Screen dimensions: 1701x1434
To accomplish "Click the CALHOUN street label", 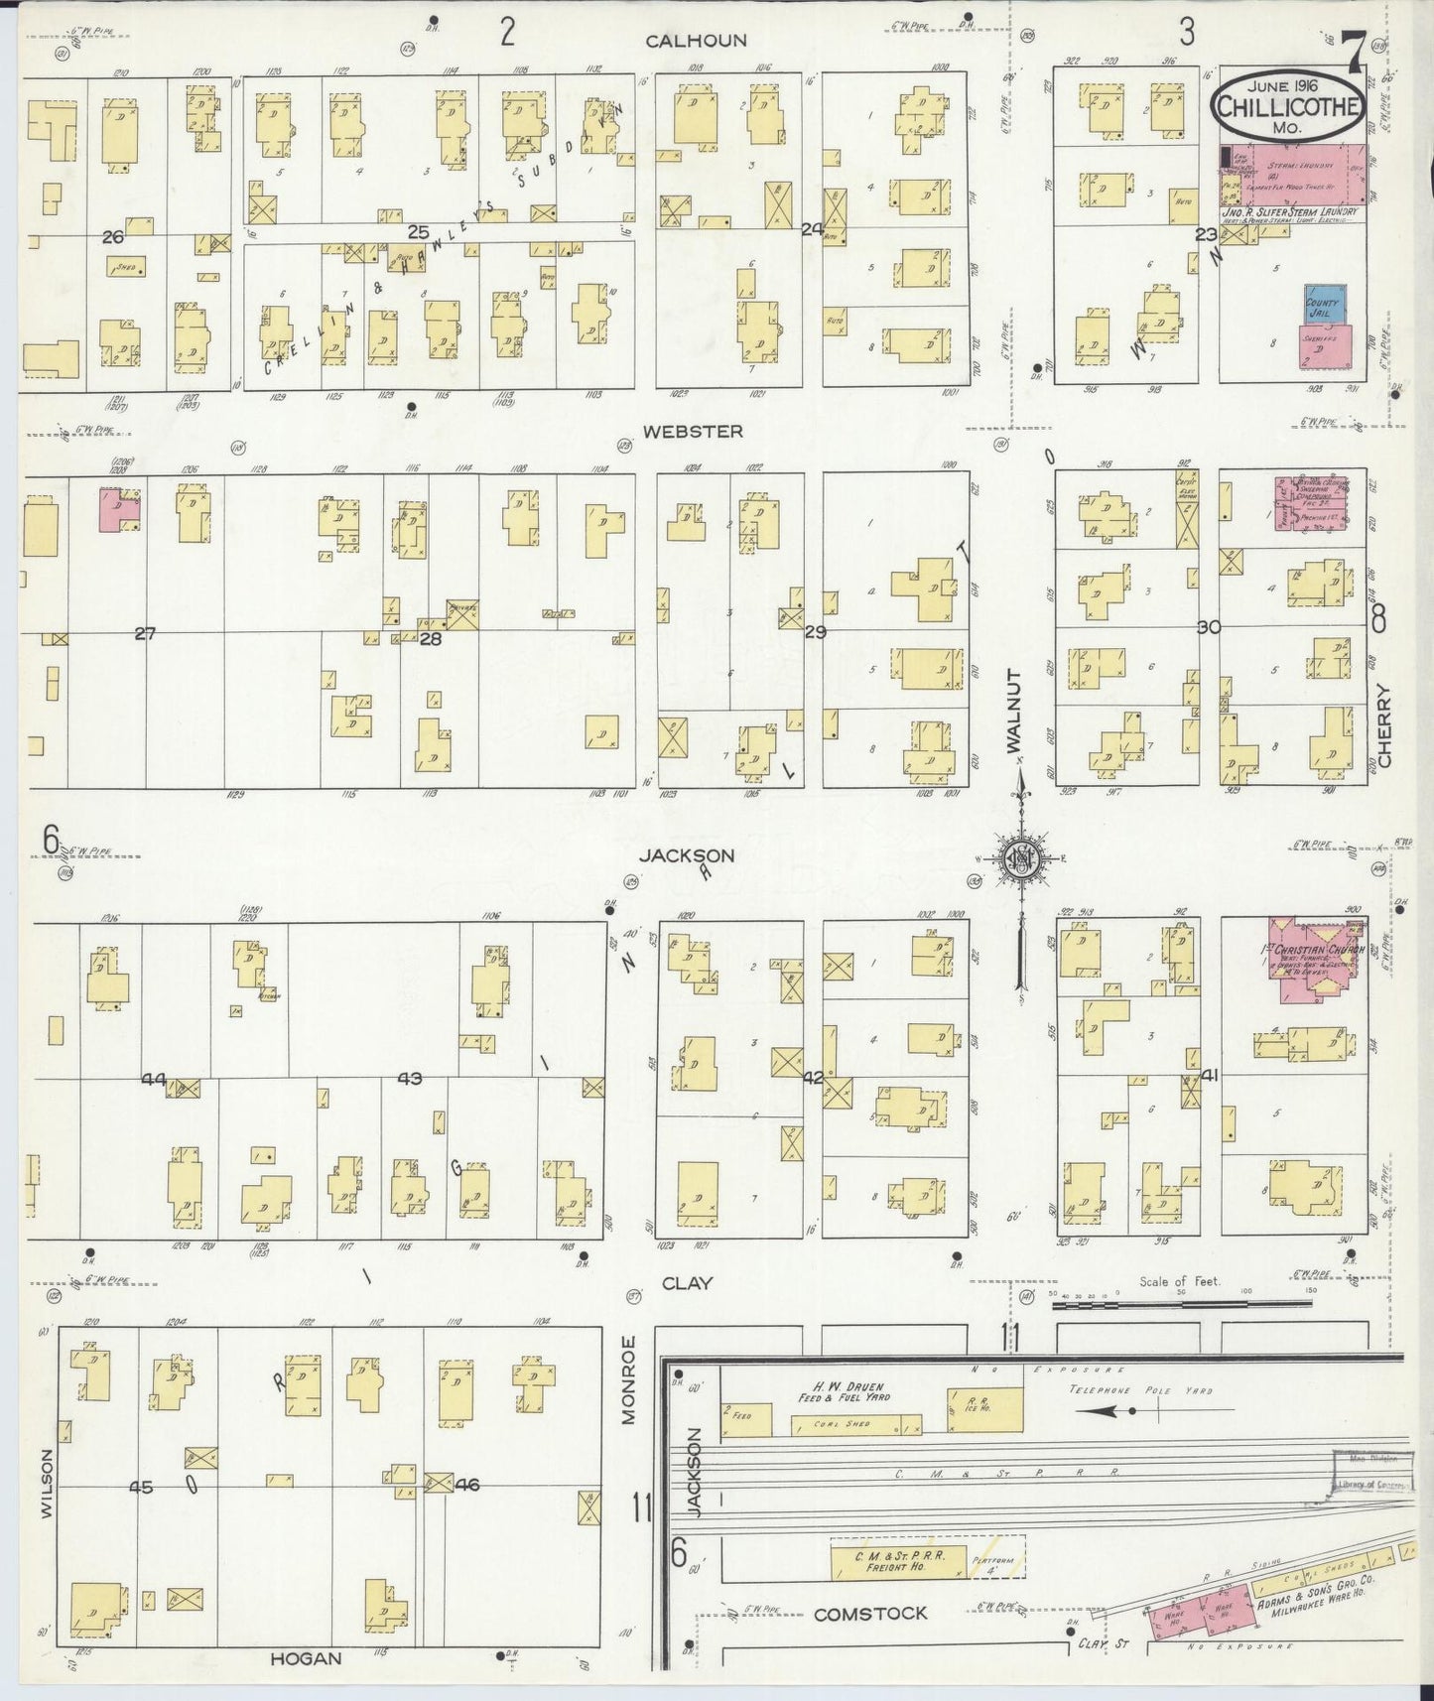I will (x=696, y=41).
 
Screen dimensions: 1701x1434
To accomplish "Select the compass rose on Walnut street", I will (x=1020, y=859).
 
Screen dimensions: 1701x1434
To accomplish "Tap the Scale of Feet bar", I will (x=1178, y=1305).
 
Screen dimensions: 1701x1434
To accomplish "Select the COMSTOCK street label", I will (x=869, y=1615).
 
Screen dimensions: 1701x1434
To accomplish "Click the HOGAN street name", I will (x=305, y=1657).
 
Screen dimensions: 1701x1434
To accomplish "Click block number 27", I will (x=145, y=633).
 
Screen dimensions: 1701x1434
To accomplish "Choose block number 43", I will (x=410, y=1078).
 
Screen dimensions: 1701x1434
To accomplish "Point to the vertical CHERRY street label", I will (x=1385, y=725).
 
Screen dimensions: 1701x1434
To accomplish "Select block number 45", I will (x=142, y=1487).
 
